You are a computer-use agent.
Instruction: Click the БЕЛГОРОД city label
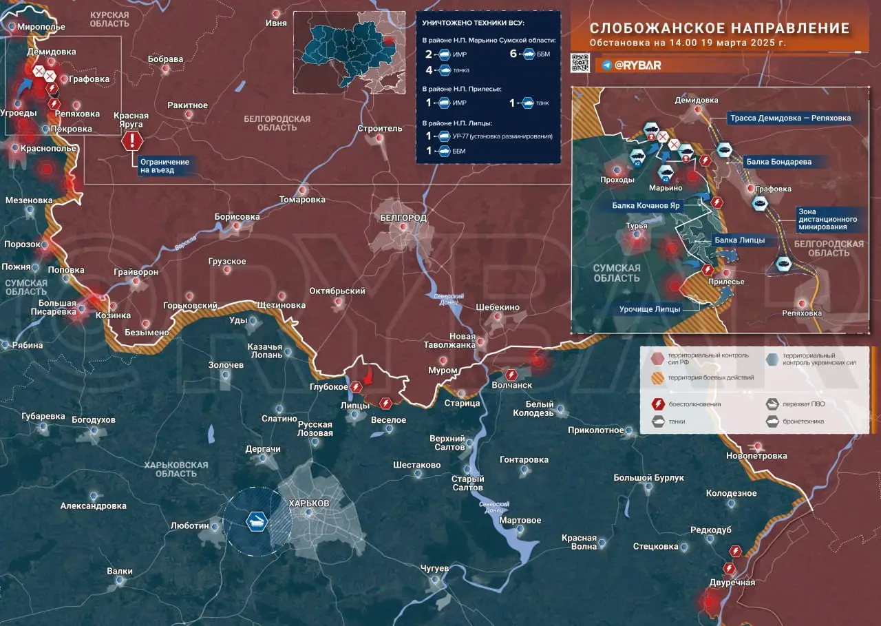pos(403,218)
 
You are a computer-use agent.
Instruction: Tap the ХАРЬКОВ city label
pos(309,503)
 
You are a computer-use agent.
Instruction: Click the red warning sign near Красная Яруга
pos(132,141)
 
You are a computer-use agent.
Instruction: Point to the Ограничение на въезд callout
pos(164,165)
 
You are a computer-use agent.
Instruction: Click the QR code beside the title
pos(580,62)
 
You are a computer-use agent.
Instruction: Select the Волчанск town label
pos(513,386)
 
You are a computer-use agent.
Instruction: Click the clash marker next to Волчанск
pos(511,375)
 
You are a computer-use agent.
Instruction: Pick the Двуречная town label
pos(732,583)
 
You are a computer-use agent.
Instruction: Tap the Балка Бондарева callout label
pos(778,162)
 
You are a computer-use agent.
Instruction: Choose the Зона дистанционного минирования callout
pos(825,218)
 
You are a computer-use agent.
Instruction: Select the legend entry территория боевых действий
pos(711,377)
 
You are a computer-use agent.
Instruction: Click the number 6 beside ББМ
pos(513,54)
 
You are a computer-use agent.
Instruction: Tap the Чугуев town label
pos(434,568)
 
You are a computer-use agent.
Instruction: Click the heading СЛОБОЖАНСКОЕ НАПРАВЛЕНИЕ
pos(719,28)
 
